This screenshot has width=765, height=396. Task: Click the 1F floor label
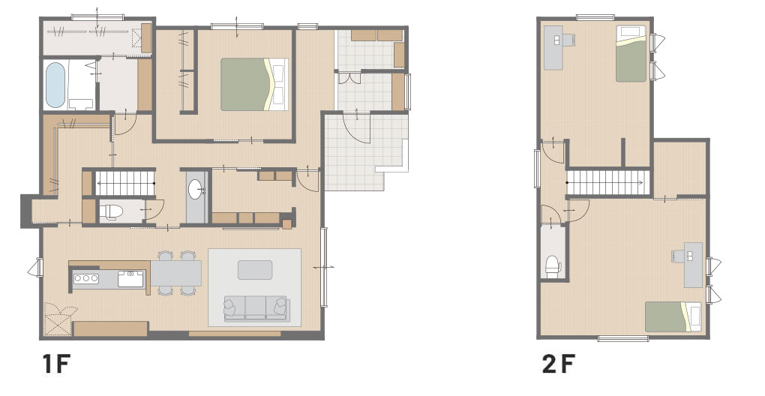click(56, 364)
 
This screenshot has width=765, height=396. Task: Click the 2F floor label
click(559, 364)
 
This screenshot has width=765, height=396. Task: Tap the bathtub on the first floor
click(55, 85)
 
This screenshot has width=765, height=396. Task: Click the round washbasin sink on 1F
click(196, 190)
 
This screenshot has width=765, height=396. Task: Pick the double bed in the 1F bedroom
click(253, 84)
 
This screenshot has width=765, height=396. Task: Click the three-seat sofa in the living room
click(256, 309)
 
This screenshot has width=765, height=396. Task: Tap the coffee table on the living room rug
click(255, 270)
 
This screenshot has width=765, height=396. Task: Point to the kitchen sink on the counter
click(130, 278)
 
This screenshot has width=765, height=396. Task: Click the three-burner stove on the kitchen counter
click(85, 278)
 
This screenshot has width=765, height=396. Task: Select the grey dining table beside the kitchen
click(175, 273)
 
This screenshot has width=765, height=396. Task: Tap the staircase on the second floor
click(608, 182)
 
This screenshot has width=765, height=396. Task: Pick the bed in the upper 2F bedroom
click(631, 54)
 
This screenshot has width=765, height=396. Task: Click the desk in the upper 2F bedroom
click(553, 48)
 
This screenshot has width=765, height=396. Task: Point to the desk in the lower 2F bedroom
click(693, 265)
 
